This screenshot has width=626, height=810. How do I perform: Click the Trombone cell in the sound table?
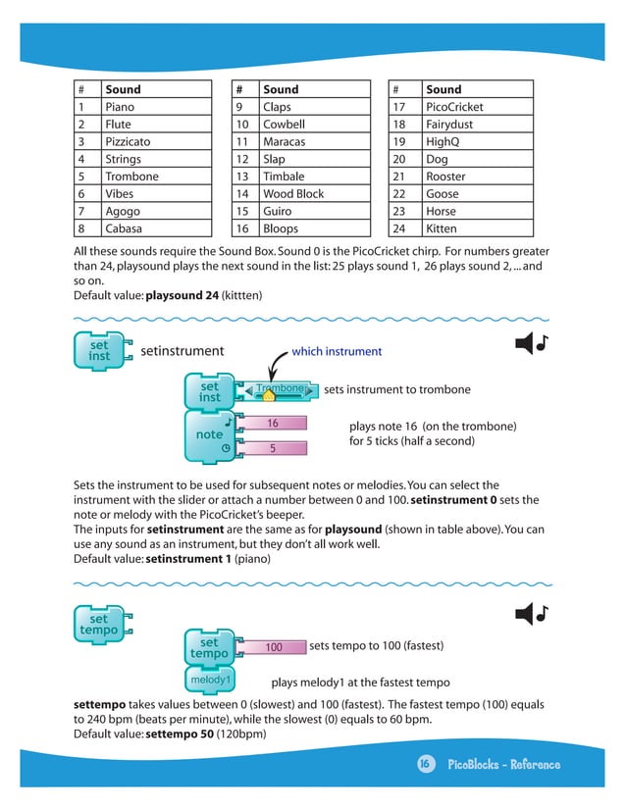[x=131, y=177]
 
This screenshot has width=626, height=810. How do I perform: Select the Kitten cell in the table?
[x=441, y=228]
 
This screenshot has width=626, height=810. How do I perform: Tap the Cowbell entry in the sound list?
[x=284, y=125]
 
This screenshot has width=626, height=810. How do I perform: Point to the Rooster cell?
[x=445, y=177]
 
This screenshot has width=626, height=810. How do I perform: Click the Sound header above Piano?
[x=123, y=89]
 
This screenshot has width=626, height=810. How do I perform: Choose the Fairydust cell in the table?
[x=450, y=125]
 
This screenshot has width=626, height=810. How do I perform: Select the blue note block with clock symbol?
[x=210, y=435]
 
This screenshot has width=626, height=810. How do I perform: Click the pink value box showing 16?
[x=274, y=424]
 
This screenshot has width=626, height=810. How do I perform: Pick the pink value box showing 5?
[x=274, y=448]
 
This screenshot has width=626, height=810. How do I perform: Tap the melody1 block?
[x=210, y=679]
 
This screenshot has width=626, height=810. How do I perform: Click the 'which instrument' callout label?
[x=337, y=352]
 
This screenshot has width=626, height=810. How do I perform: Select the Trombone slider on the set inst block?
[x=275, y=390]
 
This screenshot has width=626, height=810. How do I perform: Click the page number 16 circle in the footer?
[x=425, y=765]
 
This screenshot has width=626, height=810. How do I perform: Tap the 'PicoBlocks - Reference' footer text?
[x=503, y=765]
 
